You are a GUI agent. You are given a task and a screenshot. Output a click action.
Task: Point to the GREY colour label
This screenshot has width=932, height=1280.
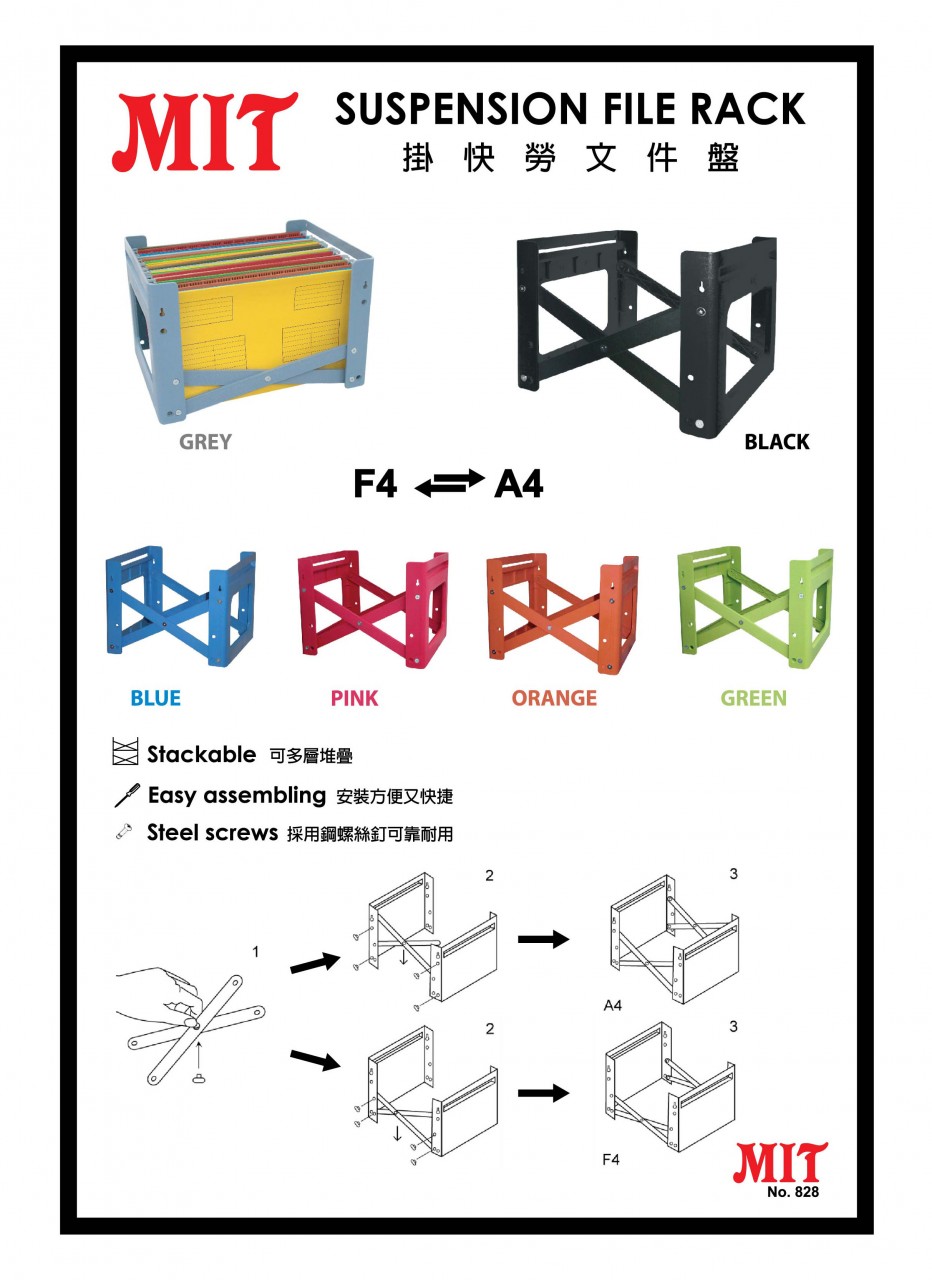point(205,442)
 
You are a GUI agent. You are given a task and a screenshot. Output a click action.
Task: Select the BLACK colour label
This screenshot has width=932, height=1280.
point(777,442)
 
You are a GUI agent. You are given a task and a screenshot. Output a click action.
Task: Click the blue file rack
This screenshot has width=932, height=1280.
point(181,607)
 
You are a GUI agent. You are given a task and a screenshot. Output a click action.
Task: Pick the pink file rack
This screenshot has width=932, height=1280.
point(373,609)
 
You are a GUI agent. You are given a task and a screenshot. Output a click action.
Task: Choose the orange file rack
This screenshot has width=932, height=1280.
point(562,611)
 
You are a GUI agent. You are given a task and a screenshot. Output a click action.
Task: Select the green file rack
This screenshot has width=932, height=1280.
point(754,608)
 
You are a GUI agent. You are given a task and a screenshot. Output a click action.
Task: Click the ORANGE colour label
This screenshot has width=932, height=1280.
point(554,698)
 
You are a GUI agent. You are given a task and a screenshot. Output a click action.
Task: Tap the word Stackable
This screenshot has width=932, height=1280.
point(201,754)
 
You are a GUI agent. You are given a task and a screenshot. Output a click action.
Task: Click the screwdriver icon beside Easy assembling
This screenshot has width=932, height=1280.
point(127,795)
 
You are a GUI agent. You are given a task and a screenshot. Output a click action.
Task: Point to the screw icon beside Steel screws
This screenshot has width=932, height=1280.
point(123,831)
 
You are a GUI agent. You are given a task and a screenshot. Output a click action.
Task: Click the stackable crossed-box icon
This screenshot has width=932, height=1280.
point(125,751)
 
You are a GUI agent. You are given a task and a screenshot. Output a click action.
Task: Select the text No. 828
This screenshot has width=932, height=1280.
point(793,1190)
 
